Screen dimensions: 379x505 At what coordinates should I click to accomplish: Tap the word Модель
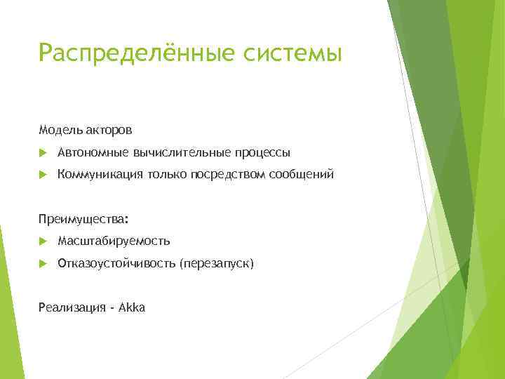coord(60,130)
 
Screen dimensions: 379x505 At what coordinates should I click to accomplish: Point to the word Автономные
coord(92,152)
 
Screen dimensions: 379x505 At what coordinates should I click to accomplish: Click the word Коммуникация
coord(100,174)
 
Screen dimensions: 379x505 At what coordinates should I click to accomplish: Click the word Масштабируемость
coord(114,241)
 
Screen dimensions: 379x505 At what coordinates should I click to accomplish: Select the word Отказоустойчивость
coord(116,264)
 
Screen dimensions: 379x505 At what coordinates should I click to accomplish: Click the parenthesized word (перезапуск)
coord(217,264)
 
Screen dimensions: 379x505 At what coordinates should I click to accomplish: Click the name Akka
coord(132,308)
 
